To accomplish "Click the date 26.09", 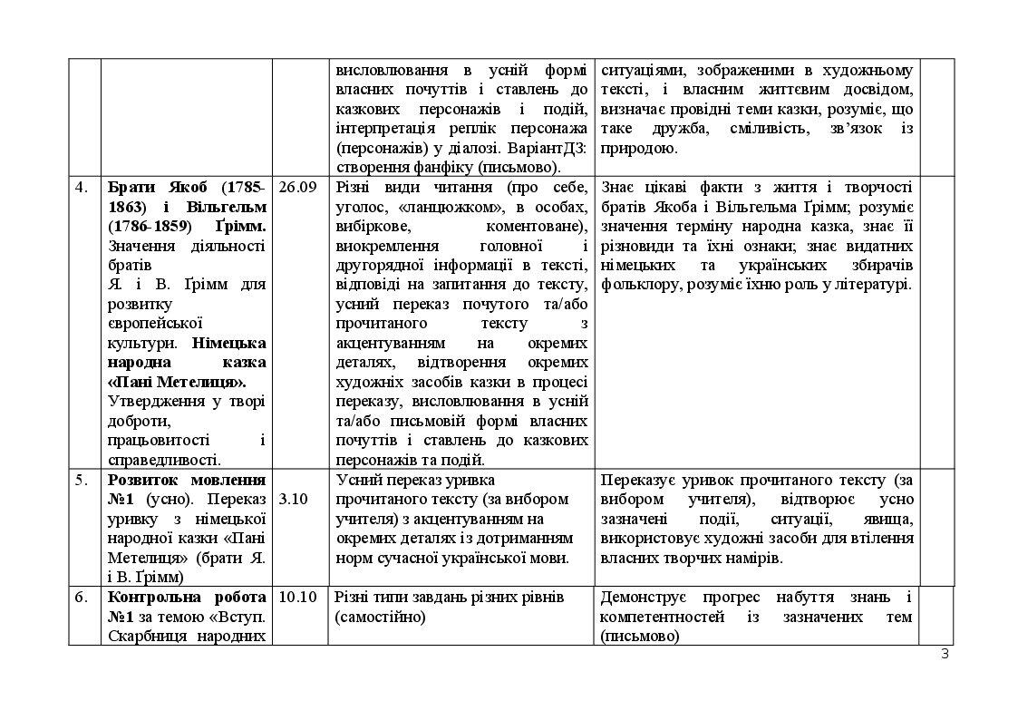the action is [297, 188].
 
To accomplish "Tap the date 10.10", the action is [297, 597].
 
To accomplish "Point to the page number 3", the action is [945, 654].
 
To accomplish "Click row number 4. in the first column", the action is [82, 188].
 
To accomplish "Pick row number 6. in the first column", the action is [82, 597].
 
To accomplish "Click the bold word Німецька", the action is [229, 343].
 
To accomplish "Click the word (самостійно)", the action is [380, 617].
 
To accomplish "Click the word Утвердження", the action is [153, 402].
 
